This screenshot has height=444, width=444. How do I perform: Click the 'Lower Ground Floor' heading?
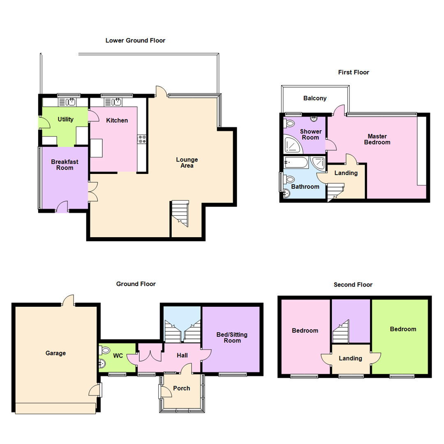coord(135,40)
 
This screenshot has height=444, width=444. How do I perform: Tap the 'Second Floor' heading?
coord(353,284)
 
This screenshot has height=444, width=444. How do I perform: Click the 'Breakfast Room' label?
coord(65,164)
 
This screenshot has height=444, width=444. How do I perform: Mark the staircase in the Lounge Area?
coord(180,213)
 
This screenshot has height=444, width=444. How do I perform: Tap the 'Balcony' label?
coord(315,98)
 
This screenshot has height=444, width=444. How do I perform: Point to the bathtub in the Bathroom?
coord(295,162)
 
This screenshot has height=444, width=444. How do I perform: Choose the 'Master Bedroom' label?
coord(379,139)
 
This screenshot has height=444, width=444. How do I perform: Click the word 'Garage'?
coord(55,353)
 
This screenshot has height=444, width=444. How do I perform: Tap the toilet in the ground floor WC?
coord(102,350)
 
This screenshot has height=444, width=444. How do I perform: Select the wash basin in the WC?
coord(102,363)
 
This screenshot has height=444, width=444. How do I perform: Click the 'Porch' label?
coord(181,388)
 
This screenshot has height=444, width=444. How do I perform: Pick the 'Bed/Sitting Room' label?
coord(232,338)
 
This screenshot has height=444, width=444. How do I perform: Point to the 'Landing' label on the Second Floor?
coord(350,358)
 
